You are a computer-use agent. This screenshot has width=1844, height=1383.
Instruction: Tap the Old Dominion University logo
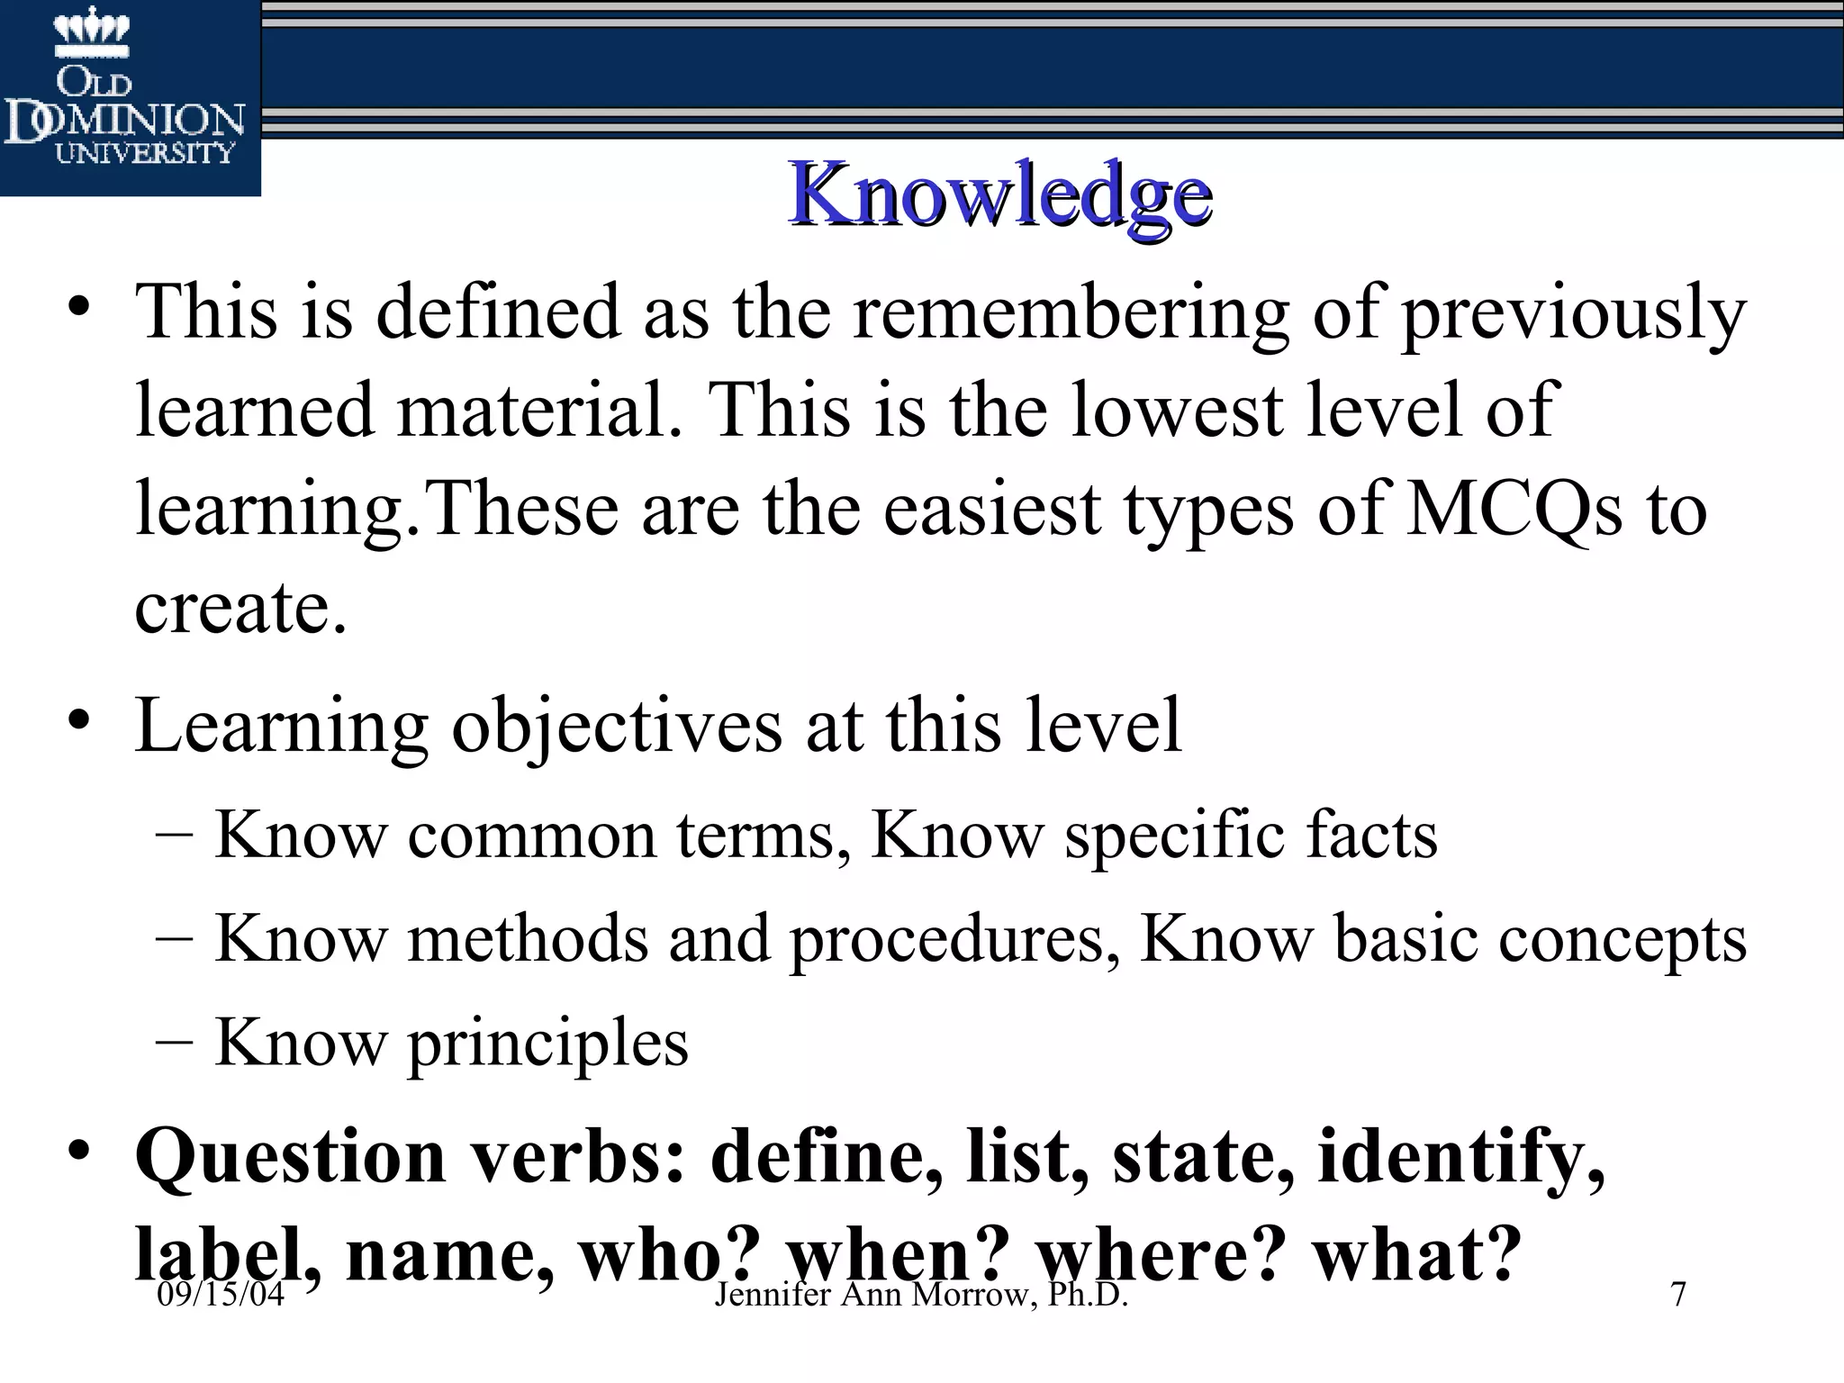pos(126,99)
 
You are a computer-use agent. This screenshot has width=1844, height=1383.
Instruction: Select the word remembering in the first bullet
pos(1071,313)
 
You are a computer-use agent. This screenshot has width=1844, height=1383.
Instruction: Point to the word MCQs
pos(1514,510)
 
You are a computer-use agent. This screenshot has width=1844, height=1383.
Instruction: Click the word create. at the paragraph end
pos(240,607)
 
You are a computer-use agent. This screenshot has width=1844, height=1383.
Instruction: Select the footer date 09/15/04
pos(221,1295)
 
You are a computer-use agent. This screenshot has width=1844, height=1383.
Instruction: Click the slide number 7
pos(1677,1295)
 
